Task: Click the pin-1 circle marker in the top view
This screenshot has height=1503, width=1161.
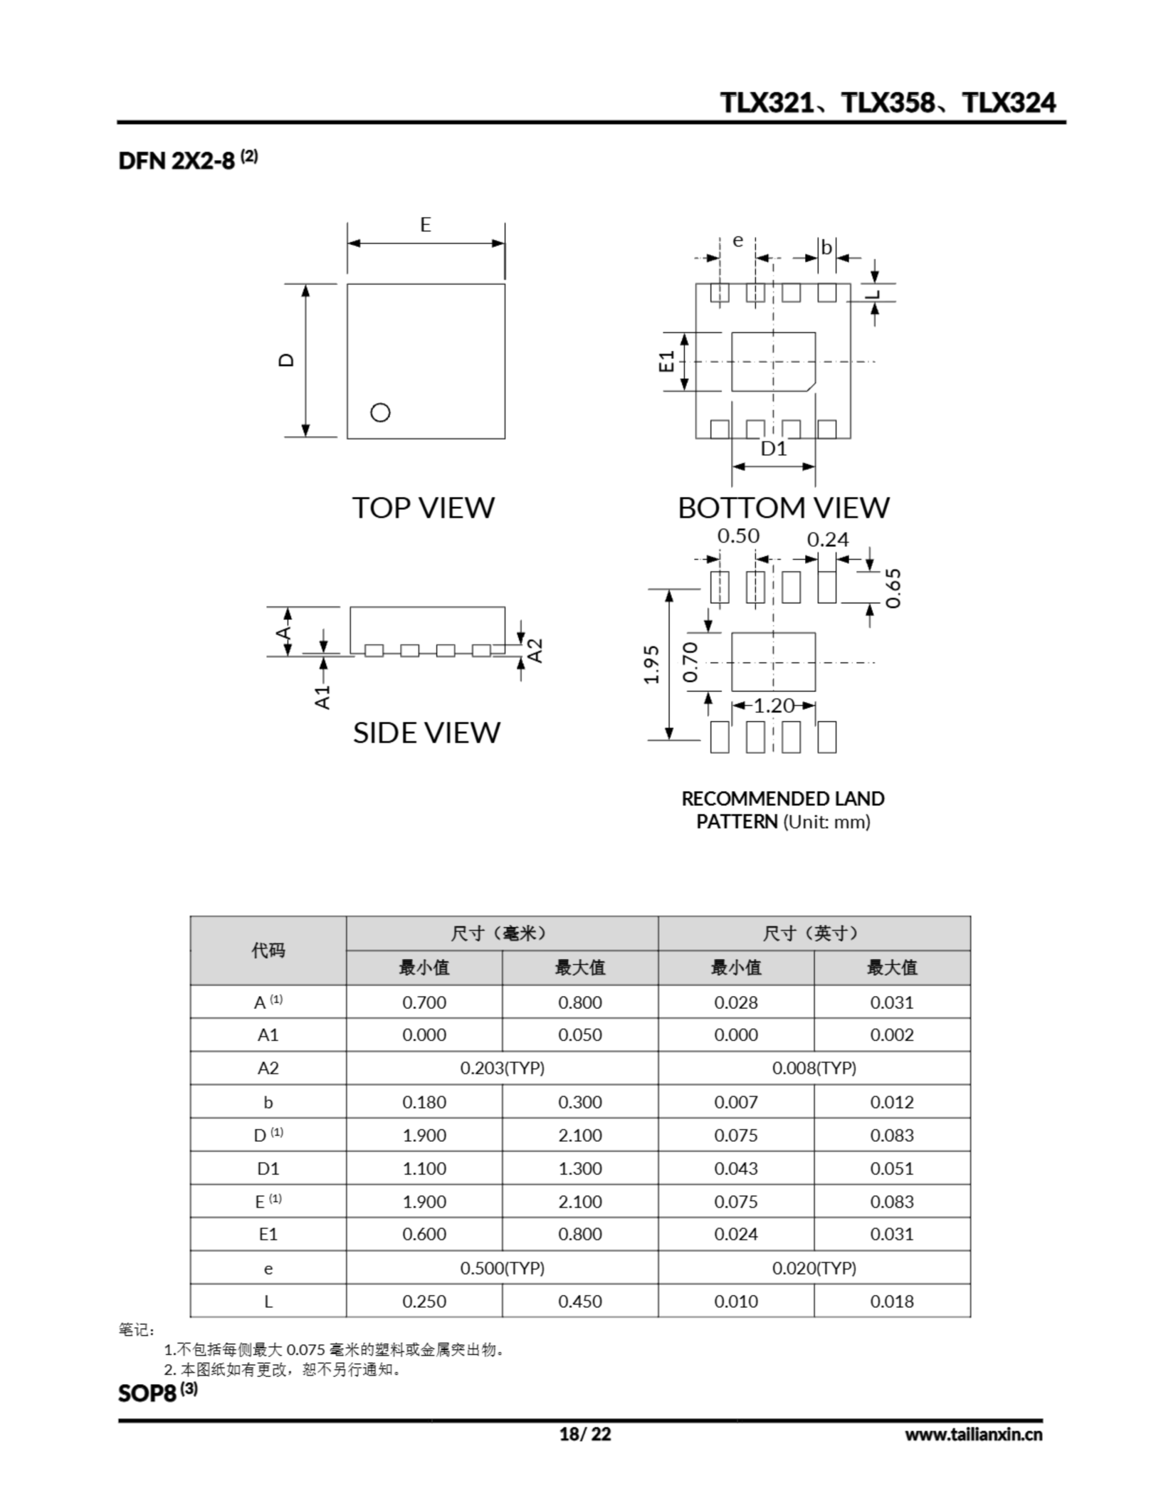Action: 380,412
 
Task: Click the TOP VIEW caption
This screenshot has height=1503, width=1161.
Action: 423,508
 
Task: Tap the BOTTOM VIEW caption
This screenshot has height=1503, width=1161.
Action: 783,508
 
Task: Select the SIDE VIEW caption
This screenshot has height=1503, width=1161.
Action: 427,733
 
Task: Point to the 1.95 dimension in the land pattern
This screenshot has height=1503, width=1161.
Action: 652,665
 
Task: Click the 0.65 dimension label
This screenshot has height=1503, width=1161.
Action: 893,588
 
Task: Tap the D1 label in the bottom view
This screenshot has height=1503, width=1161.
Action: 774,449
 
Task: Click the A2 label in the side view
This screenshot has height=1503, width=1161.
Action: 535,651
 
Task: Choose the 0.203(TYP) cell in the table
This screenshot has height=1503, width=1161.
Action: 502,1068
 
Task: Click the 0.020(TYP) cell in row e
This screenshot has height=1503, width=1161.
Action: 814,1268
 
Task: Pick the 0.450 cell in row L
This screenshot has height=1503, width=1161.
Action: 579,1302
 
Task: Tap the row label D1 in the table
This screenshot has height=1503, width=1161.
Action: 268,1168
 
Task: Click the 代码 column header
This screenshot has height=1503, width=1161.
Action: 268,951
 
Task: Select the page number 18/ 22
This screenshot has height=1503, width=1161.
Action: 585,1434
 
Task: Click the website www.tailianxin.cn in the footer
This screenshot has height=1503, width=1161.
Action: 973,1434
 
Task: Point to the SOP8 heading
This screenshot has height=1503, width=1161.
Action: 148,1394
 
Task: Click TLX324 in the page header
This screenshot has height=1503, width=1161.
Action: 1009,103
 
